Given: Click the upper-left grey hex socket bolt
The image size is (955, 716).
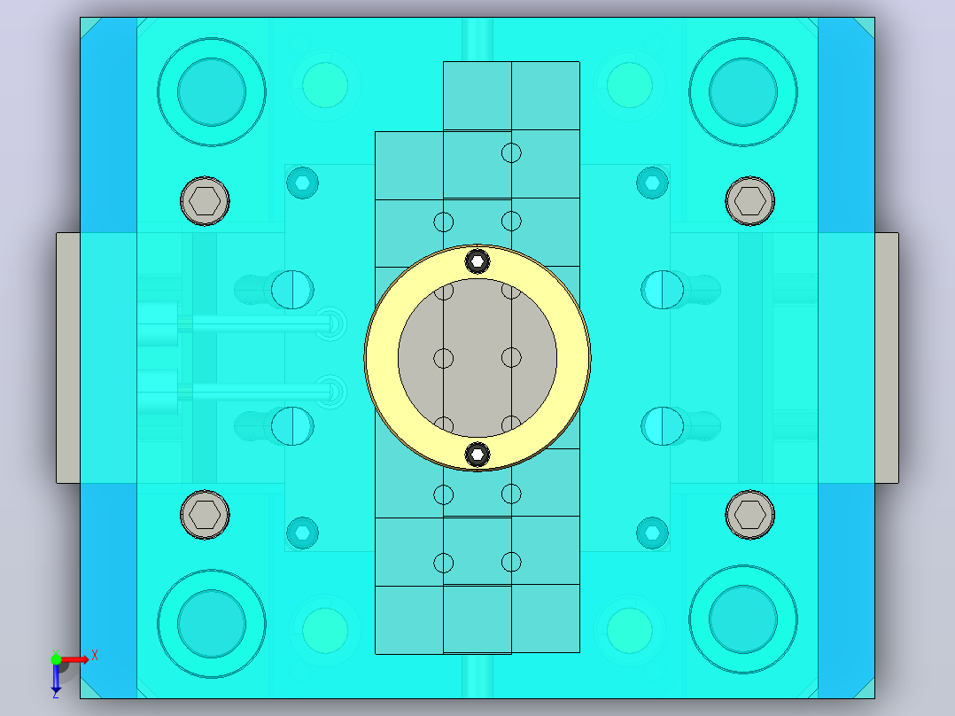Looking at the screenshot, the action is click(205, 200).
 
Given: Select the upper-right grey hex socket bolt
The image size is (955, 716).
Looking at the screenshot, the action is click(749, 200).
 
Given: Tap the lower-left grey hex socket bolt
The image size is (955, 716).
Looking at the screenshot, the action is click(205, 514).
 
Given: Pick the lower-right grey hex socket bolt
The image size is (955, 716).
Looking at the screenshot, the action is click(749, 514).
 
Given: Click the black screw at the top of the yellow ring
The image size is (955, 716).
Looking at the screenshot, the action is click(477, 261).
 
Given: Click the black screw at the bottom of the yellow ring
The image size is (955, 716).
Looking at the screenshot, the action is click(477, 454).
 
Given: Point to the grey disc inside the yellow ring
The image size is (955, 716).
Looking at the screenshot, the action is click(477, 358).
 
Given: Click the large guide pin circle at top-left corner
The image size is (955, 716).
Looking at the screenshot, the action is click(212, 92).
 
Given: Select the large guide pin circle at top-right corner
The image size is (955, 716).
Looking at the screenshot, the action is click(743, 92).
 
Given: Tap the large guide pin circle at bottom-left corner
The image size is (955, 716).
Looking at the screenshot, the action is click(212, 623).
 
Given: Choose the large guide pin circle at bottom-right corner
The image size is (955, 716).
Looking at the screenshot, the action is click(743, 619).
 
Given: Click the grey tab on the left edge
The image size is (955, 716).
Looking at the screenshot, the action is click(68, 358).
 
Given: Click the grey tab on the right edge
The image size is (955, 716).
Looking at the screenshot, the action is click(887, 358).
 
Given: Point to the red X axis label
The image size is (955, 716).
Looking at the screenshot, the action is click(95, 656).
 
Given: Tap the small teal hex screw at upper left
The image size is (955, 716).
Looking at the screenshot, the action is click(302, 183).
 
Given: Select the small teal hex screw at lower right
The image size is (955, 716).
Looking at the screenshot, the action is click(652, 533).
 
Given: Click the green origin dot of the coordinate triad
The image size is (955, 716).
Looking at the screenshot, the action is click(56, 658).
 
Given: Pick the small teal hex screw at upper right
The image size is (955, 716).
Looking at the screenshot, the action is click(652, 183).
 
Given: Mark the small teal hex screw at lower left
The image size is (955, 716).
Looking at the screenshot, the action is click(302, 533).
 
